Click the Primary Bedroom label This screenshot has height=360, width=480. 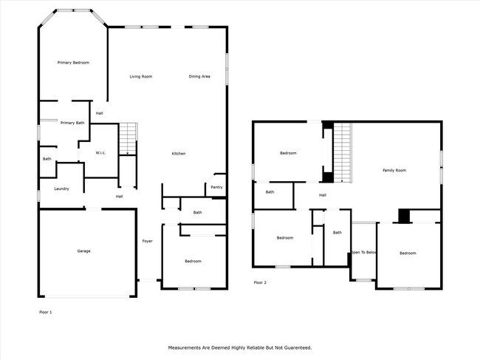tap(73, 63)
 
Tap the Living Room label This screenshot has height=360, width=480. tap(141, 76)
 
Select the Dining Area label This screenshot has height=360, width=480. tap(199, 76)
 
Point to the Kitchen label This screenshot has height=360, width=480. tap(179, 153)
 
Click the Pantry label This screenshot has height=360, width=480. tap(216, 187)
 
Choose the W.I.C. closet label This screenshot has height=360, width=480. tap(101, 153)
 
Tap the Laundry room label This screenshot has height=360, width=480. tap(61, 189)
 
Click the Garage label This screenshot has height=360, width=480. tap(84, 251)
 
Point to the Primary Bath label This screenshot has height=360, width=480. tap(72, 123)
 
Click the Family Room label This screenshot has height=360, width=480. tap(394, 171)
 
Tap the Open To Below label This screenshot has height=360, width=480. tap(363, 253)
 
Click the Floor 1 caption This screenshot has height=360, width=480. tap(46, 312)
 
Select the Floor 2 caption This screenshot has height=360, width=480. tap(260, 282)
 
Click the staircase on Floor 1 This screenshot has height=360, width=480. tap(128, 138)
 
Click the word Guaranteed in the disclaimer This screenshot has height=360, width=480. tap(294, 347)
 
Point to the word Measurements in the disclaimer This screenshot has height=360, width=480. tap(189, 347)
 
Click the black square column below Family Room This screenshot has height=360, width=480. tap(403, 216)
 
